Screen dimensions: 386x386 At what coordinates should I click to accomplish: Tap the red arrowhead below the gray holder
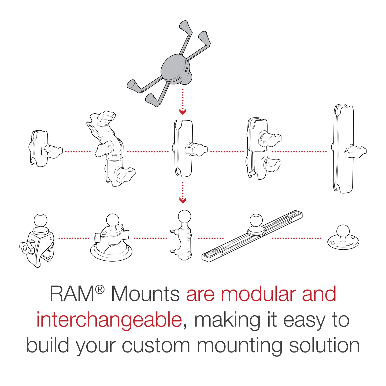pyautogui.click(x=183, y=112)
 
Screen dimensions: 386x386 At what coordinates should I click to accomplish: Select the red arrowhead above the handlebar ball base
pyautogui.click(x=183, y=200)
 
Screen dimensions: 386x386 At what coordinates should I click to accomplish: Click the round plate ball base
pyautogui.click(x=343, y=237)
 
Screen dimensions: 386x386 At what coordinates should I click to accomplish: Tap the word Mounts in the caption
pyautogui.click(x=145, y=294)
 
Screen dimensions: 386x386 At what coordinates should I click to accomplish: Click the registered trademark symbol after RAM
pyautogui.click(x=100, y=289)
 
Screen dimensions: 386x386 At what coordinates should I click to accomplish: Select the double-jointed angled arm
pyautogui.click(x=111, y=149)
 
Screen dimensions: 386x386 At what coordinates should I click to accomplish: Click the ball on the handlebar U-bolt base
pyautogui.click(x=184, y=216)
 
